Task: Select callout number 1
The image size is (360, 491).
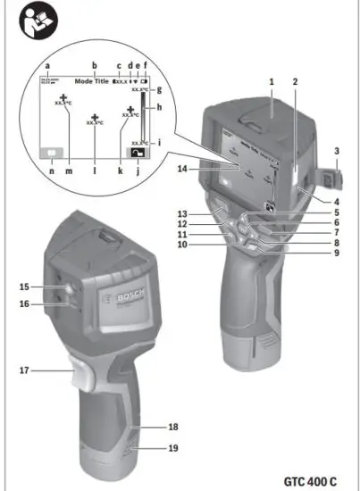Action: tap(269, 81)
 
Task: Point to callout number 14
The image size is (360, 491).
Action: tap(181, 168)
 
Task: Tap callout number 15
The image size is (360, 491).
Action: tap(24, 286)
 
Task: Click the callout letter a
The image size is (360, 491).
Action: tap(46, 66)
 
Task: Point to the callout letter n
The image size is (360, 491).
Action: tap(52, 169)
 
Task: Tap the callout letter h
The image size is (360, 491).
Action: tap(159, 108)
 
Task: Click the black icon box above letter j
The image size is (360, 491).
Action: tap(137, 153)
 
